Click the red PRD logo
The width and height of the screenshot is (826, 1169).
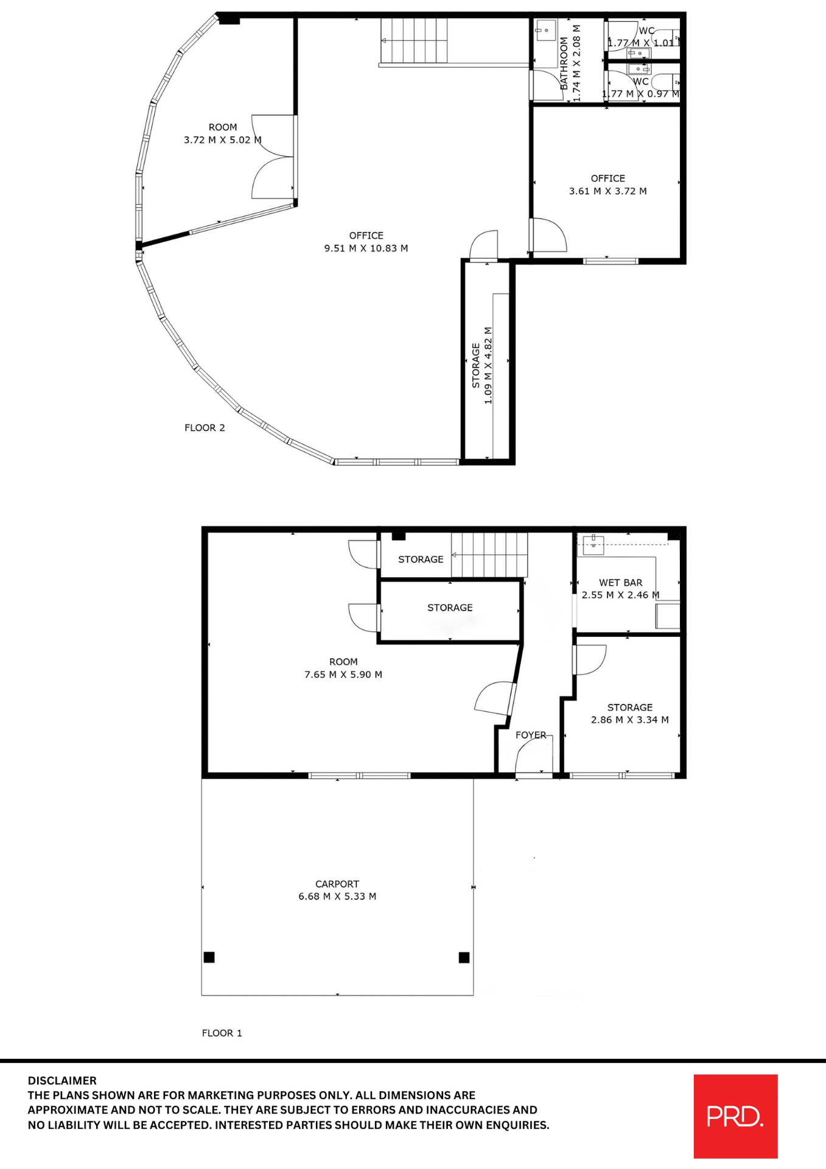(735, 1115)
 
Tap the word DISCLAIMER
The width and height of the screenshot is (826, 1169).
(62, 1080)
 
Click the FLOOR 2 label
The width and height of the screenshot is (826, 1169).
(205, 427)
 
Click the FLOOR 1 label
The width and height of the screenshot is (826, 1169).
(222, 1033)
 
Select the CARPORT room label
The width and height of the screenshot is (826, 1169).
(337, 883)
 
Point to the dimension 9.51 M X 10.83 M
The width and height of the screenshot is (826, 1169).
(366, 248)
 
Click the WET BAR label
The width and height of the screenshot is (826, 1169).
(620, 583)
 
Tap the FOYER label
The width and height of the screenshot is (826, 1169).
(531, 735)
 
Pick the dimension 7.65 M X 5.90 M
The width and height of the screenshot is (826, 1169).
(343, 675)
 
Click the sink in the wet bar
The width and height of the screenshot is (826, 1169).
(593, 544)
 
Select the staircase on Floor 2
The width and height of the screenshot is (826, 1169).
(414, 40)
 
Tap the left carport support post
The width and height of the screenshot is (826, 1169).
(209, 957)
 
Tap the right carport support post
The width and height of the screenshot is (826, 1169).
(464, 957)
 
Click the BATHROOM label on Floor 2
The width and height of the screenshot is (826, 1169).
(564, 63)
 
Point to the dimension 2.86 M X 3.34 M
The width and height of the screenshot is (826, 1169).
(629, 720)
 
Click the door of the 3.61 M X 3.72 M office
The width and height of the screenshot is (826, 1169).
(549, 236)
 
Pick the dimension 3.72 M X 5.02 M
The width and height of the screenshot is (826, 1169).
(222, 140)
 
